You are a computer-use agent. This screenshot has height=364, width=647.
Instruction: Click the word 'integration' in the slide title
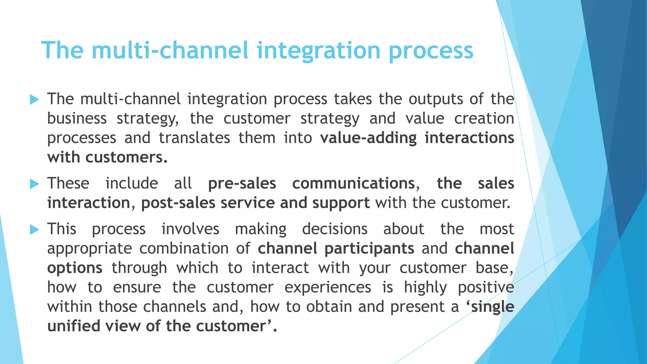tap(318, 51)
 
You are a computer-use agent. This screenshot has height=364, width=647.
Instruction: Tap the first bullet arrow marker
tap(34, 100)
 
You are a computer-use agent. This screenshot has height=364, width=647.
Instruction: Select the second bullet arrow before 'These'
tap(34, 184)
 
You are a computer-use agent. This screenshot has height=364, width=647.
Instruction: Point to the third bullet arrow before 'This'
tap(34, 229)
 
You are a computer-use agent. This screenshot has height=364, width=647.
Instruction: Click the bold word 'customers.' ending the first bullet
tap(126, 157)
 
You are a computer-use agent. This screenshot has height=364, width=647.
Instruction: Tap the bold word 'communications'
tap(353, 184)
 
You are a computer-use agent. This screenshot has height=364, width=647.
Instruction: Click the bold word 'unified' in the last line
tap(74, 326)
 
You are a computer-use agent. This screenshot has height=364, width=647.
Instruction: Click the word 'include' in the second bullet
tap(131, 184)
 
